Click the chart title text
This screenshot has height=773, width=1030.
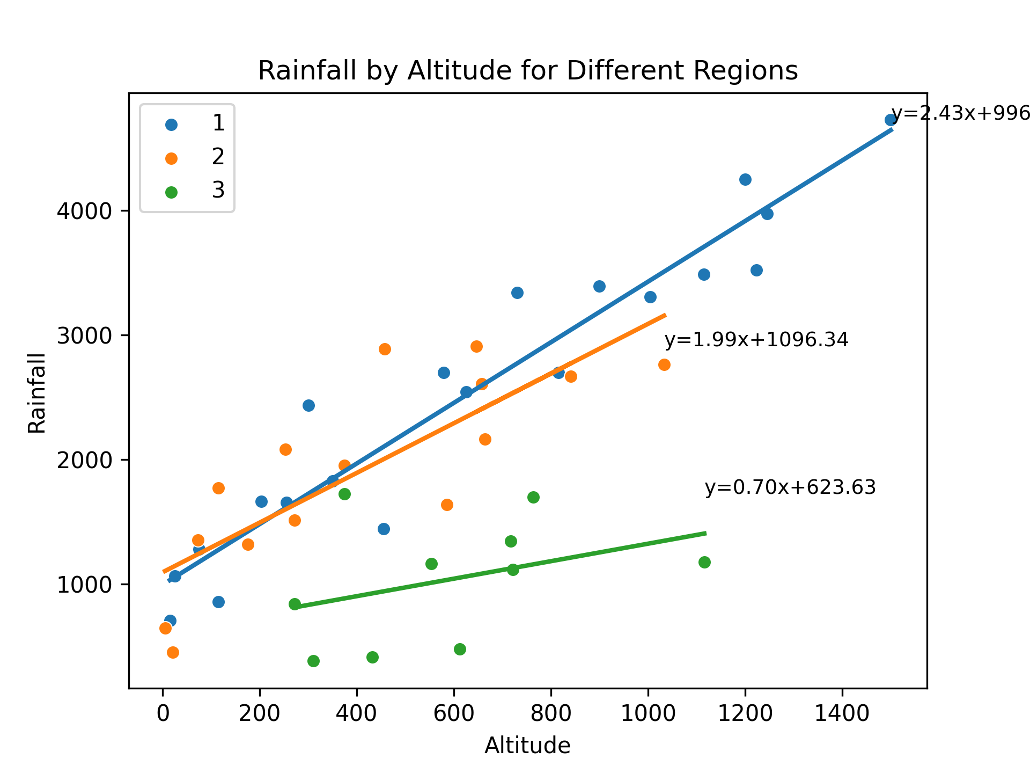tap(527, 71)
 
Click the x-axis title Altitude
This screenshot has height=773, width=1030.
tap(527, 746)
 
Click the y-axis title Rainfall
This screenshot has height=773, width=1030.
tap(37, 393)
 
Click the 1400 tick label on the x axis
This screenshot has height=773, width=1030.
tap(842, 714)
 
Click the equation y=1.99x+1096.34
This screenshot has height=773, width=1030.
tap(756, 340)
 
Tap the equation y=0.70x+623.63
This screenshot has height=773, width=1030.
tap(790, 487)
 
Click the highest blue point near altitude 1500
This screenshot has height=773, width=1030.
tap(891, 120)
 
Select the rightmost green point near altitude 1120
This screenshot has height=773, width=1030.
tap(704, 562)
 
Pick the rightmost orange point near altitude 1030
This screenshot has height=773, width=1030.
tap(664, 364)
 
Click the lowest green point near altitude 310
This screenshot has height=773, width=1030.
tap(313, 661)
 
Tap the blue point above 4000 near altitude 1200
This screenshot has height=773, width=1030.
tap(745, 179)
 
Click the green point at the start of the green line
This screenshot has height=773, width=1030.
tap(295, 604)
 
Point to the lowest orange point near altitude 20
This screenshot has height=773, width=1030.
tap(173, 652)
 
